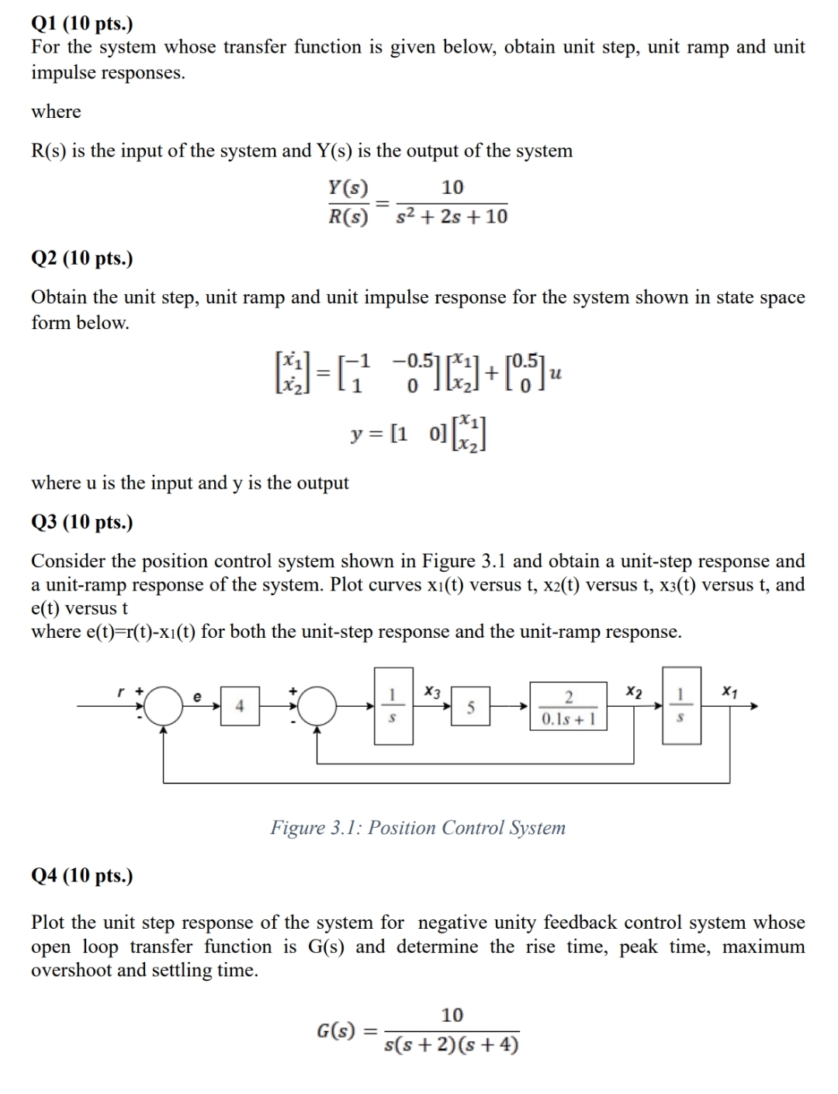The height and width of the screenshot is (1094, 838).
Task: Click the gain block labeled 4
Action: tap(240, 705)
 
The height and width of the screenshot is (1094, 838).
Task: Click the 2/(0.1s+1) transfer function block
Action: tap(569, 705)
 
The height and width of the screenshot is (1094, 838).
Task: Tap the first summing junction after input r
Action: tap(162, 705)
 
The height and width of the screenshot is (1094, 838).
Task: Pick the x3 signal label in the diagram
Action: tap(433, 691)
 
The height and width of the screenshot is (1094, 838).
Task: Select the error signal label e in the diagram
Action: tap(197, 697)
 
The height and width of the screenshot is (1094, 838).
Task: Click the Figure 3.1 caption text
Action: tap(417, 828)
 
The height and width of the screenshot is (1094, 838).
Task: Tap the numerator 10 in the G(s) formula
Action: tap(452, 1015)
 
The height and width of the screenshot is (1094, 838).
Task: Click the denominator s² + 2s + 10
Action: tap(452, 216)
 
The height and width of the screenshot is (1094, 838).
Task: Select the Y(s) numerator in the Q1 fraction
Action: tap(348, 187)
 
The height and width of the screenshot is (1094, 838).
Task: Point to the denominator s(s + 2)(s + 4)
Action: tap(452, 1045)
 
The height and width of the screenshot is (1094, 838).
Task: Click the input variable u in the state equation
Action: tap(555, 373)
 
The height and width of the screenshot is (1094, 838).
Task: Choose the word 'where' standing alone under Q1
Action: tap(56, 112)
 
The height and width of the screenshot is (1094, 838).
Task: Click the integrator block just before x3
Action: tap(394, 705)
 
